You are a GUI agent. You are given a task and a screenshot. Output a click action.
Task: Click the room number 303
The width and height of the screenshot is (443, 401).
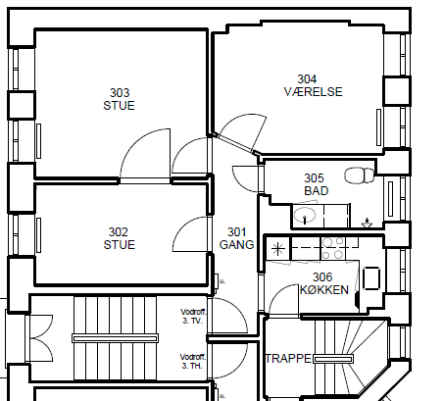120,93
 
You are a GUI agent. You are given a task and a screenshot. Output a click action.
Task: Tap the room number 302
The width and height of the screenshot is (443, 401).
119,232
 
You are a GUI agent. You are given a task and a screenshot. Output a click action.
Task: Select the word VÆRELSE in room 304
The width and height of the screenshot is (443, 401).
314,92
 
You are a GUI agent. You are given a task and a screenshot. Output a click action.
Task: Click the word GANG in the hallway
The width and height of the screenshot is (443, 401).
237,245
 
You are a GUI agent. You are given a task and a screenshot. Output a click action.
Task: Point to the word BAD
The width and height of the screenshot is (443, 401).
317,191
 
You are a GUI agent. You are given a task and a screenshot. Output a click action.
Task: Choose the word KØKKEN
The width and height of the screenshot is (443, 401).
324,290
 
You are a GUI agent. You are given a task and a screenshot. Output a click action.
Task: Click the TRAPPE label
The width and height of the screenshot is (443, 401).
288,359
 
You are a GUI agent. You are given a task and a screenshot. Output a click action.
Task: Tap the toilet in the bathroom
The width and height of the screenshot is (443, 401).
359,175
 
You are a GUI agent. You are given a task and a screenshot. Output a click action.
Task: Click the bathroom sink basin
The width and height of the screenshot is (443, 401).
305,216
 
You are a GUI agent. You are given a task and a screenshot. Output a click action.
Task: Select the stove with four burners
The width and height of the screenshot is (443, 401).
333,248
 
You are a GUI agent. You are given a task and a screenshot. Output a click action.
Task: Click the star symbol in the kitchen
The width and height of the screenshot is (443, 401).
278,249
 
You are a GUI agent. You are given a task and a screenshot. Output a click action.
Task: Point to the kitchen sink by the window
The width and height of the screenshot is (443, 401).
371,278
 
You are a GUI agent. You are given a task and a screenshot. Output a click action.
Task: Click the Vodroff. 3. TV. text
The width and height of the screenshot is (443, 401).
193,317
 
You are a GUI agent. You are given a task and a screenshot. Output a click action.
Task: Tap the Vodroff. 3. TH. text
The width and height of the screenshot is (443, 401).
193,361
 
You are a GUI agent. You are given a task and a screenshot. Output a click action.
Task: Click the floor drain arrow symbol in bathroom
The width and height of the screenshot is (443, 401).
367,223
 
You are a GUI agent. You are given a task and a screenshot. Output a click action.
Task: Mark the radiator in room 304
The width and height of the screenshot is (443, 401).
379,127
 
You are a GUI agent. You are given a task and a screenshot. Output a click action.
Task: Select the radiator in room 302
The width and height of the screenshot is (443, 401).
38,235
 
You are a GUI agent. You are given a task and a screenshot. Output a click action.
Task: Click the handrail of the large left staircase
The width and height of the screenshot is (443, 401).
115,338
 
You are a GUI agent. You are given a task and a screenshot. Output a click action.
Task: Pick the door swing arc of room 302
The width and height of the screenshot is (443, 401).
184,227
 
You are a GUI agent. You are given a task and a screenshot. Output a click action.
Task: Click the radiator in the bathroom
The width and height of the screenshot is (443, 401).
390,199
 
